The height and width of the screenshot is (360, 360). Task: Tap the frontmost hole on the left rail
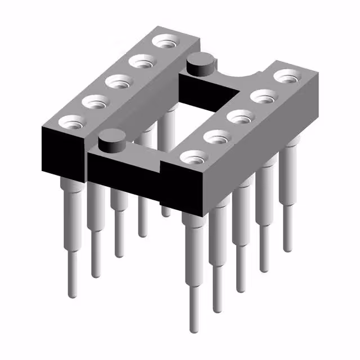pos(70,120)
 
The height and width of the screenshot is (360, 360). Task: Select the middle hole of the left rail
pos(119,83)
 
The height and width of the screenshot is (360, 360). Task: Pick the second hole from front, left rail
pos(94,102)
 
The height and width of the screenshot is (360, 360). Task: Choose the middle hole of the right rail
pos(241,118)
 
